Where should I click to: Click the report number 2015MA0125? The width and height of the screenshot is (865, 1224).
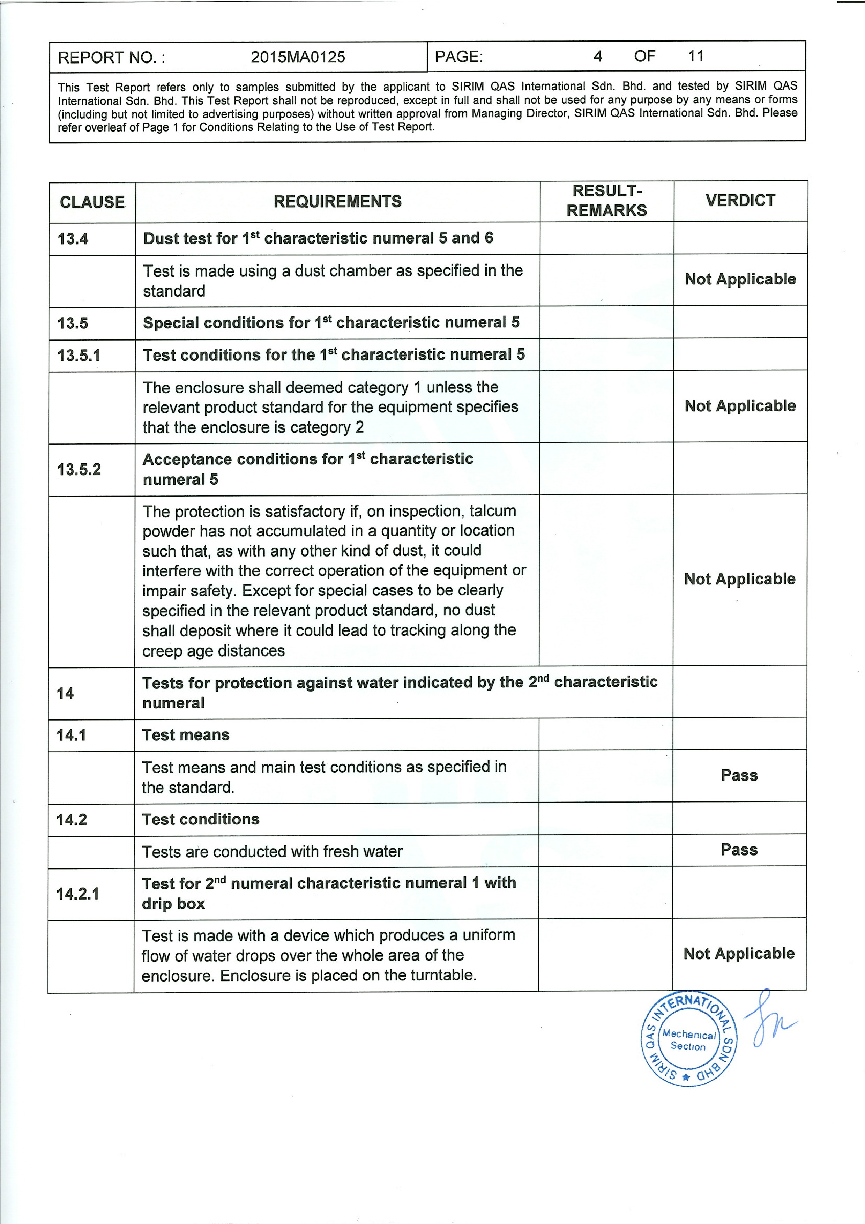click(298, 57)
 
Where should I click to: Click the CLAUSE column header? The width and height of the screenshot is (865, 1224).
click(92, 202)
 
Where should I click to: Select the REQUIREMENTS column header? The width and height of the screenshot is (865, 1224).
click(337, 202)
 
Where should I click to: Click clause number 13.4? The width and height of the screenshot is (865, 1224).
click(73, 239)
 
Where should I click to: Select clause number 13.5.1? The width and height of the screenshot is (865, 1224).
click(79, 355)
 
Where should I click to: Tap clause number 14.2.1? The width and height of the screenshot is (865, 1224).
click(78, 894)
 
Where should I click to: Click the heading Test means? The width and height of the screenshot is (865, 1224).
click(186, 735)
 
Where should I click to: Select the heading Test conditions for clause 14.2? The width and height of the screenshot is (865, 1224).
click(200, 819)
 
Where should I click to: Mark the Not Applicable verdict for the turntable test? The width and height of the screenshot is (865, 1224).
click(739, 954)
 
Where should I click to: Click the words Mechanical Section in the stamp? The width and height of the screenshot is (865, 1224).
click(688, 1040)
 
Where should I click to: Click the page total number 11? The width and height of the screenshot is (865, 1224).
click(695, 56)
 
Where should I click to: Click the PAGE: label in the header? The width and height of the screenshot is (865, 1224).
click(459, 57)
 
